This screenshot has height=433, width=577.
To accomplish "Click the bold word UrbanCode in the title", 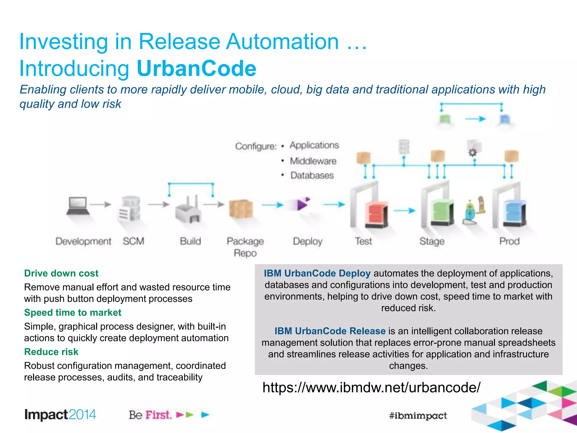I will point(196,69).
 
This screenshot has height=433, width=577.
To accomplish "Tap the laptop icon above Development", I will point(77,206).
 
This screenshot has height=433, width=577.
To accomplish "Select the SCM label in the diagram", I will point(133,241).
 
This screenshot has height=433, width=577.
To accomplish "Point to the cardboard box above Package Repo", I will point(241,209).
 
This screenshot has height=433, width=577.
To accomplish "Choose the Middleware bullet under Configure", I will point(313,161).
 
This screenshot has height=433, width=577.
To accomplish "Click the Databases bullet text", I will point(312,175).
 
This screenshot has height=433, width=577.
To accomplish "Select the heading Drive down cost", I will point(61,273).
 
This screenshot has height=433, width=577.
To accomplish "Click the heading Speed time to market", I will point(73,312).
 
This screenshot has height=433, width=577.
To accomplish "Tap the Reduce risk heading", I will point(51,352).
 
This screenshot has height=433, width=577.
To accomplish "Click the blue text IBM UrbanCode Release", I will point(330,331).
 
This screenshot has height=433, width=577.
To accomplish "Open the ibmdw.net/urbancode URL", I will point(371,387).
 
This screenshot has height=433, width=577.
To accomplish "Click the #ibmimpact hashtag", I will point(418,416).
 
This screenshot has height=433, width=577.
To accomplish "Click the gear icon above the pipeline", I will point(473,153).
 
